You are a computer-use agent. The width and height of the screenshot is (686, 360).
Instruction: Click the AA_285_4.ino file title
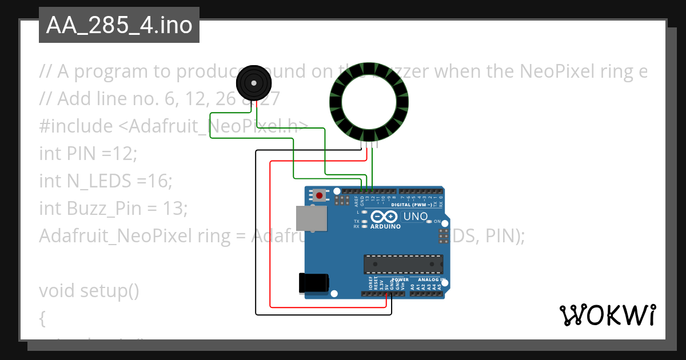119,26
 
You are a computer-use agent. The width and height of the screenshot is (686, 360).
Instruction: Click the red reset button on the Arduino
319,196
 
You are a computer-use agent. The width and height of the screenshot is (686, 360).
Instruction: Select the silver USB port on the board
311,219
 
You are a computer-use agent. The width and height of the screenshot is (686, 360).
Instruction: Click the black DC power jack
313,283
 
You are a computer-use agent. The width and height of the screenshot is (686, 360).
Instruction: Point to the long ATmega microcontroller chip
404,263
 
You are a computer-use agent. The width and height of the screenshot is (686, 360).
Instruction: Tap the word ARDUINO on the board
385,226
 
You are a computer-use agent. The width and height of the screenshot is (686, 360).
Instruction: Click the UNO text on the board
415,217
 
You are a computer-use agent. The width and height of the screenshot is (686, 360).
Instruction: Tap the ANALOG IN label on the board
431,279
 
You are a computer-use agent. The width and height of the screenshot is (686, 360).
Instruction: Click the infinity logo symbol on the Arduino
384,217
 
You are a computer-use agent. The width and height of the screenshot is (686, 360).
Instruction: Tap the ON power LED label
437,221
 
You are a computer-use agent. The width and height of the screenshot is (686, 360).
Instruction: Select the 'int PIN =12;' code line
89,154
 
